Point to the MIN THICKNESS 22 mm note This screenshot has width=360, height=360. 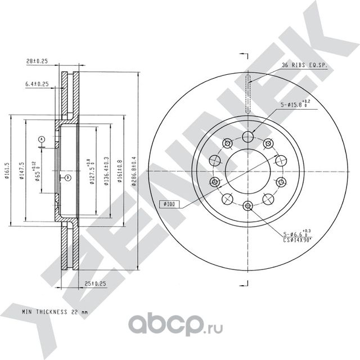click(x=55, y=310)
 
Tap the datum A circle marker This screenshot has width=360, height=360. click(x=41, y=138)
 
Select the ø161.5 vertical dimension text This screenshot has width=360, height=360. click(x=6, y=169)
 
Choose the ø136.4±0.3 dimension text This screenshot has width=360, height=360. click(x=106, y=168)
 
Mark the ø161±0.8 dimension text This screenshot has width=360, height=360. click(x=120, y=168)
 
